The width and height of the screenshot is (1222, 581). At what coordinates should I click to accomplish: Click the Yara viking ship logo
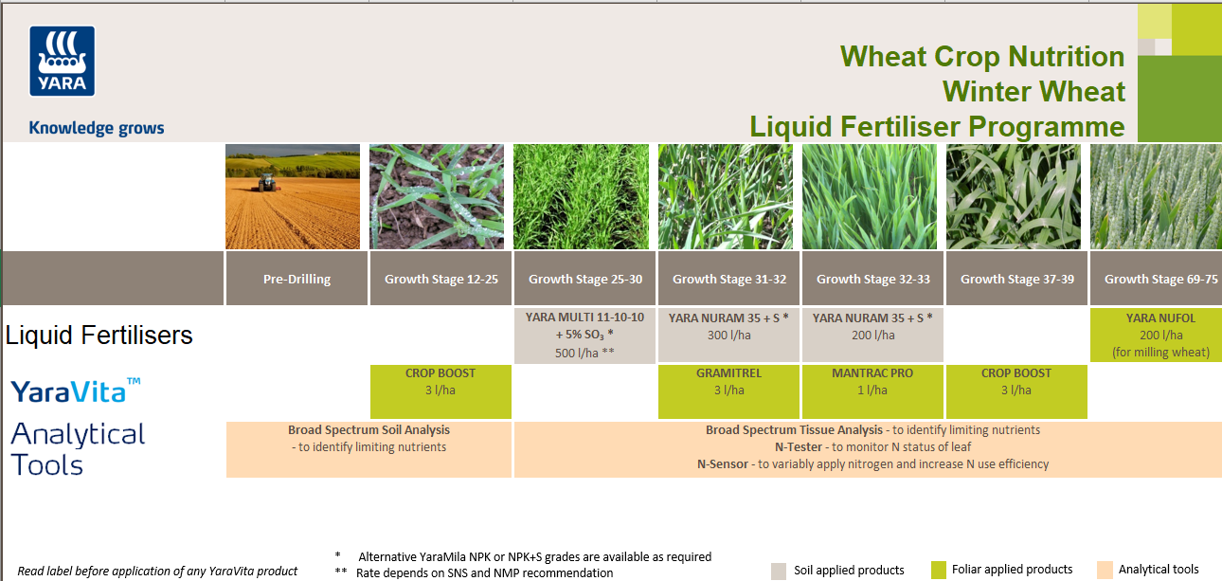click(x=63, y=62)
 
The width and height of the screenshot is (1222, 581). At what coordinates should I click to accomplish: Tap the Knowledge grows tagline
click(x=97, y=128)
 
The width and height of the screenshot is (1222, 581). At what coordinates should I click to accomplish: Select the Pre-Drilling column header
click(x=297, y=279)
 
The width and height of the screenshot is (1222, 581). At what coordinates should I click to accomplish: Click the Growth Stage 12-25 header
click(x=440, y=279)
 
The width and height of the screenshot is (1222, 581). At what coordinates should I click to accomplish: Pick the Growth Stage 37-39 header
click(x=1016, y=279)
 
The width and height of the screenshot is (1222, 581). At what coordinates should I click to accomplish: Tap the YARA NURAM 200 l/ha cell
click(x=872, y=326)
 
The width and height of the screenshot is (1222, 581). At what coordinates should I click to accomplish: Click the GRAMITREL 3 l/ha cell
click(x=728, y=382)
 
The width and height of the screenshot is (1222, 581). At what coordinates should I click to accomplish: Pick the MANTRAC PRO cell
click(x=872, y=382)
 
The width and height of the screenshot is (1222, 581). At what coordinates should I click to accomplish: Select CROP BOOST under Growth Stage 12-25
click(x=440, y=382)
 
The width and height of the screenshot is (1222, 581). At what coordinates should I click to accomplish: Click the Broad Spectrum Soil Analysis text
click(x=368, y=430)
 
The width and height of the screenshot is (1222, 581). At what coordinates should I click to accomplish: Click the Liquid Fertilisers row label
click(x=99, y=335)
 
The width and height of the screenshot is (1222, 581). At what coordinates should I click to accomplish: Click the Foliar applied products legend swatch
click(x=939, y=570)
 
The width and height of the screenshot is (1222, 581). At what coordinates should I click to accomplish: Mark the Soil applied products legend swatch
click(x=779, y=571)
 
